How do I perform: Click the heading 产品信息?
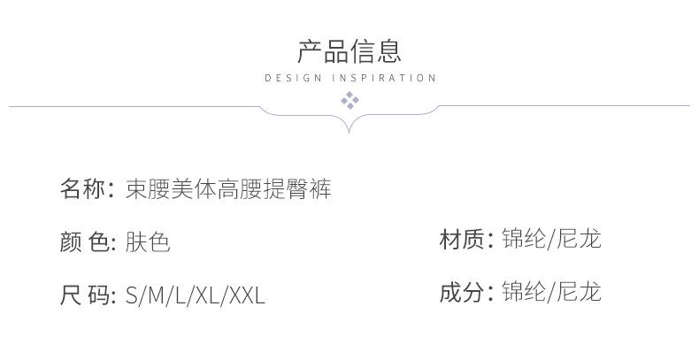349,50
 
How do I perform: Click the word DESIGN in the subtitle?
293,78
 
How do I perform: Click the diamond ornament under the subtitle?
349,100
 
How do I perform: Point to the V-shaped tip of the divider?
349,131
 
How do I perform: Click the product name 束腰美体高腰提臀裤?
228,188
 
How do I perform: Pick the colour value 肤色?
148,241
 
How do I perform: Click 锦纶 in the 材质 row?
523,239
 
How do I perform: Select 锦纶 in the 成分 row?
523,292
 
